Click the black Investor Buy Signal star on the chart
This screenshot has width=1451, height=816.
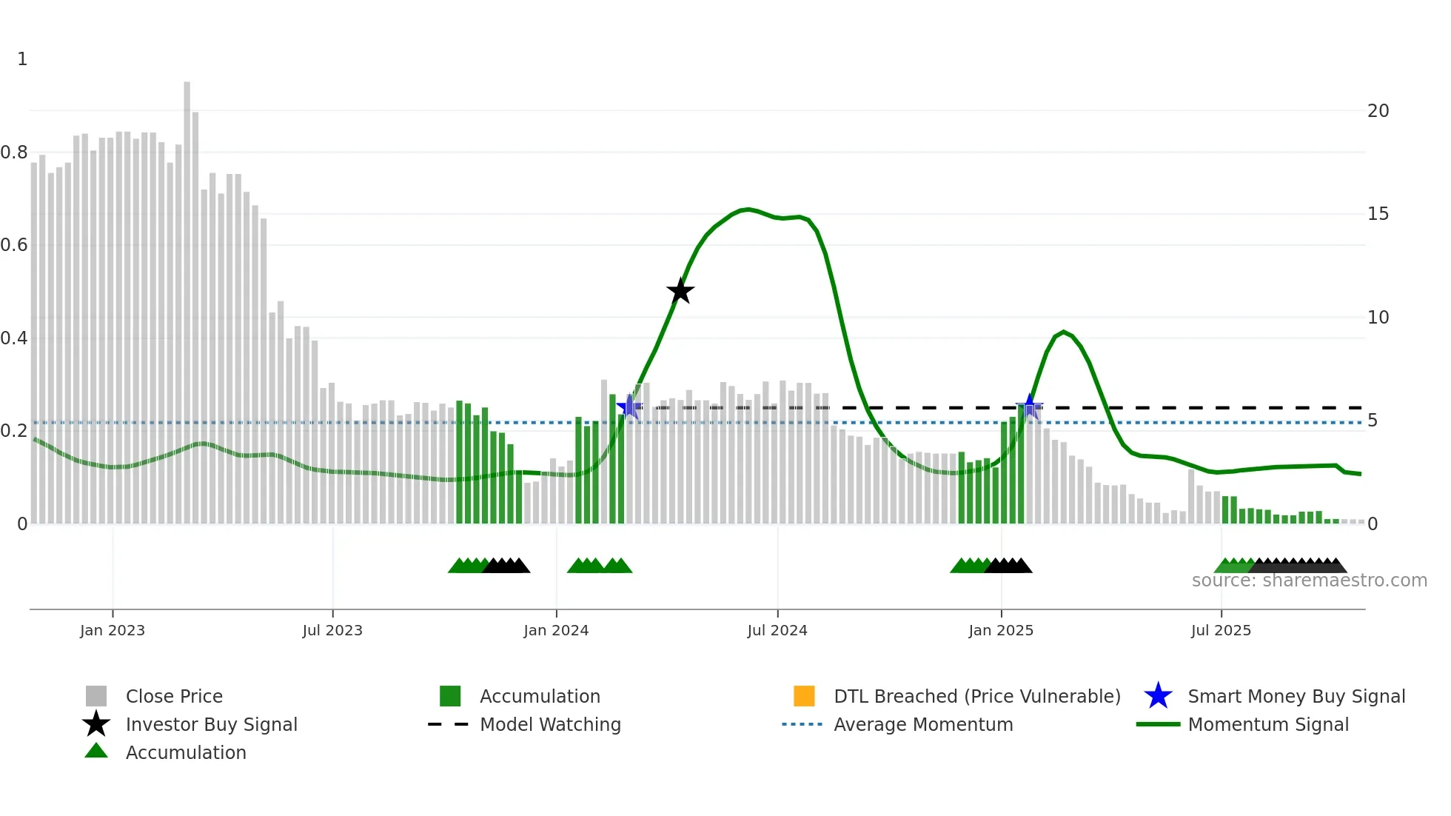tap(680, 292)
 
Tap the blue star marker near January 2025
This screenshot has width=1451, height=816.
tap(1029, 407)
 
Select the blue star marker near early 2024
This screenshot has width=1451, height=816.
tap(629, 407)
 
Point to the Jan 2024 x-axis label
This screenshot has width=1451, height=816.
tap(556, 630)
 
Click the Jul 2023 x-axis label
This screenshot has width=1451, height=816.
tap(332, 630)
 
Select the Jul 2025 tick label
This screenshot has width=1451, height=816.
tap(1221, 630)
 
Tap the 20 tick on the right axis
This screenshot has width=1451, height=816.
tap(1378, 111)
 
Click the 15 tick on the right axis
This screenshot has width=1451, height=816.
tap(1378, 214)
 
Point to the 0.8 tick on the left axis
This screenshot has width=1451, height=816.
tap(15, 153)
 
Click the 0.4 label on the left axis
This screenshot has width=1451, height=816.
tap(15, 338)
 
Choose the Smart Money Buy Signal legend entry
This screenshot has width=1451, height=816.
tap(1296, 696)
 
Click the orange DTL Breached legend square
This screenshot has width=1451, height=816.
tap(804, 696)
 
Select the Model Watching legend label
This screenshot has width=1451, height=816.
tap(550, 724)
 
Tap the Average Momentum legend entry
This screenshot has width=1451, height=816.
tap(922, 724)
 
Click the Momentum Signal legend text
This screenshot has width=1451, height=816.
tap(1267, 724)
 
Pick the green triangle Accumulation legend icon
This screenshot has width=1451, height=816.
tap(96, 752)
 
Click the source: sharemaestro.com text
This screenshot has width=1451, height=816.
tap(1309, 581)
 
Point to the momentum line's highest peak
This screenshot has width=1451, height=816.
tap(748, 210)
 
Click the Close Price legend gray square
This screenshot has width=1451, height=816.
tap(96, 696)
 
